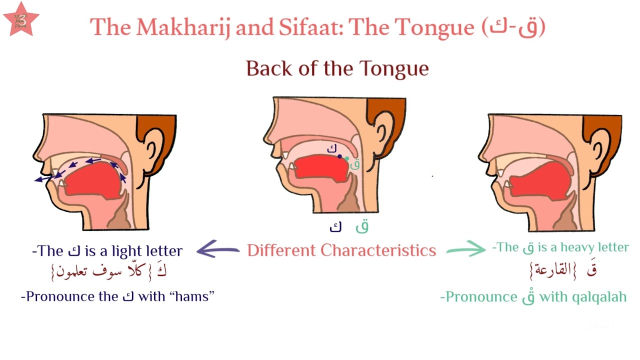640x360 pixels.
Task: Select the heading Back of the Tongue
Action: click(x=337, y=68)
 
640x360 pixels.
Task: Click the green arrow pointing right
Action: click(x=465, y=249)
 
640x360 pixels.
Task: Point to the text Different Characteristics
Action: click(x=341, y=250)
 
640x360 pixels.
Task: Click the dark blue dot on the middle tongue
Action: click(x=340, y=156)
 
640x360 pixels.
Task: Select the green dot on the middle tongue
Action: click(x=347, y=158)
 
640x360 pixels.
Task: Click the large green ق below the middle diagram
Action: click(x=362, y=226)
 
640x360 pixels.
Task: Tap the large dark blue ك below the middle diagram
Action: click(x=335, y=227)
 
